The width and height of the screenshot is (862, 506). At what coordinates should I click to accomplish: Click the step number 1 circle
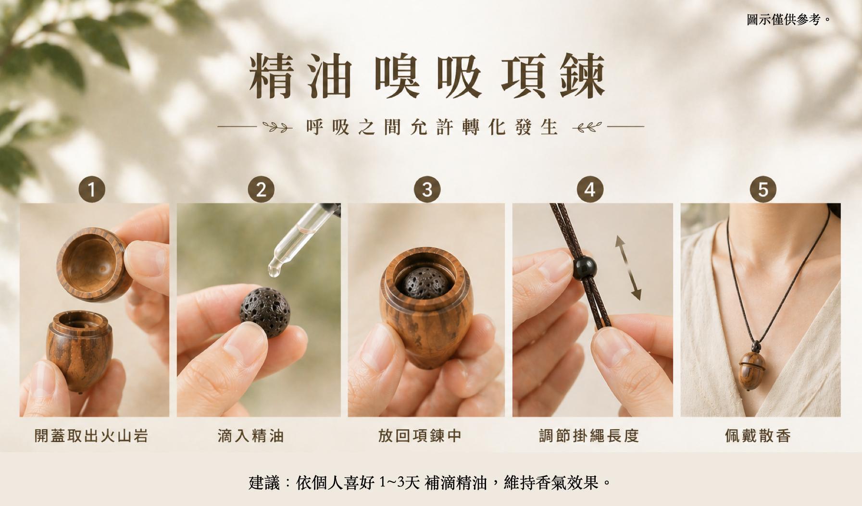(x=92, y=189)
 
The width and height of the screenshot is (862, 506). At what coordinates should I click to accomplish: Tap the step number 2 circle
(x=261, y=189)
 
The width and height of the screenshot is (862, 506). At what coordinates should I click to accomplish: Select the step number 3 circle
(x=427, y=189)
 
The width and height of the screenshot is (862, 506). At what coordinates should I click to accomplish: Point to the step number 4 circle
(x=590, y=189)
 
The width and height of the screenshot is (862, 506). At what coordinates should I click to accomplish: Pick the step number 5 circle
(x=763, y=189)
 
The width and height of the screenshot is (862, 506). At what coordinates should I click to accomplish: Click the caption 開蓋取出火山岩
(x=91, y=436)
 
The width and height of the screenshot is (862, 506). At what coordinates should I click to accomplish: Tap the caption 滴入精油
(x=250, y=436)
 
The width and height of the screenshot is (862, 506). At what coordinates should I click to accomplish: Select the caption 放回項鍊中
(x=420, y=436)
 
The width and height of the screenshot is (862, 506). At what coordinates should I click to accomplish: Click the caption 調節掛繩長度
(x=589, y=436)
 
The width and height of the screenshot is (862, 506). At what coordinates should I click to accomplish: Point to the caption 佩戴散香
(x=758, y=436)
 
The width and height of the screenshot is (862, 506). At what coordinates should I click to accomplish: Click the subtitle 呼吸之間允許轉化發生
(x=431, y=127)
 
